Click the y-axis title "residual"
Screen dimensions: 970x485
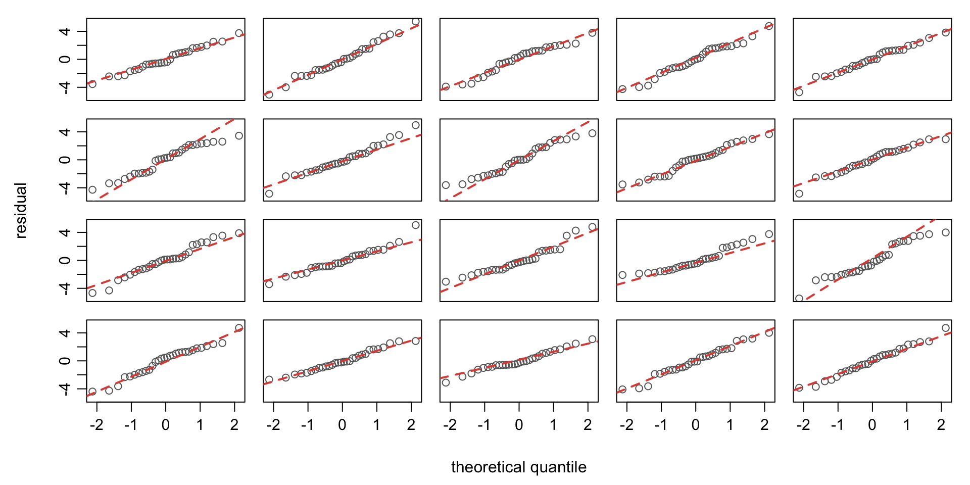click(x=21, y=211)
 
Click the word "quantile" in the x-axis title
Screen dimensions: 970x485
click(x=557, y=467)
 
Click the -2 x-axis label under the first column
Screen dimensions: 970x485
click(x=96, y=425)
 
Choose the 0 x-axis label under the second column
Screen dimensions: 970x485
click(x=343, y=425)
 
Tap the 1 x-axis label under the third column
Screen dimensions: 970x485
click(x=553, y=425)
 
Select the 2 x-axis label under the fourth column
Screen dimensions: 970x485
click(x=764, y=425)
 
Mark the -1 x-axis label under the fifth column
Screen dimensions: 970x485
click(x=838, y=425)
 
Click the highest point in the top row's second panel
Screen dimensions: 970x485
click(x=416, y=22)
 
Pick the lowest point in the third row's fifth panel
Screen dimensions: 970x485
click(x=799, y=299)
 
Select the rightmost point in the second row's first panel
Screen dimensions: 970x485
click(x=239, y=136)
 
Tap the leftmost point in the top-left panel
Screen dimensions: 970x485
click(x=92, y=84)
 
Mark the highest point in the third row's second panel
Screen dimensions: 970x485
click(x=416, y=225)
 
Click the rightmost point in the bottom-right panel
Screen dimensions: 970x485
click(x=946, y=328)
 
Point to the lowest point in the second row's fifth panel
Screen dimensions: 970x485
click(x=799, y=193)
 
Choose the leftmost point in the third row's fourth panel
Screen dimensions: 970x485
click(x=622, y=275)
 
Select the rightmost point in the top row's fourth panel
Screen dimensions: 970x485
click(x=769, y=26)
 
